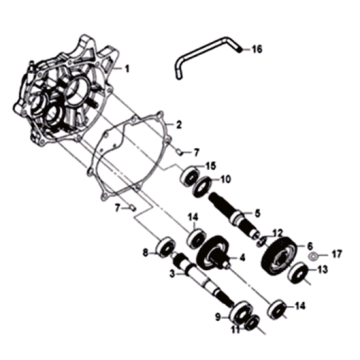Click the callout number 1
pyautogui.click(x=126, y=71)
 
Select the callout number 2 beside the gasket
pyautogui.click(x=179, y=125)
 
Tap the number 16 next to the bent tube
pyautogui.click(x=256, y=49)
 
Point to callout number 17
pyautogui.click(x=337, y=256)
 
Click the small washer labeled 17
pyautogui.click(x=314, y=256)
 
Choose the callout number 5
pyautogui.click(x=257, y=213)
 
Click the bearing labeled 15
pyautogui.click(x=188, y=178)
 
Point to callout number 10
pyautogui.click(x=226, y=181)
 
